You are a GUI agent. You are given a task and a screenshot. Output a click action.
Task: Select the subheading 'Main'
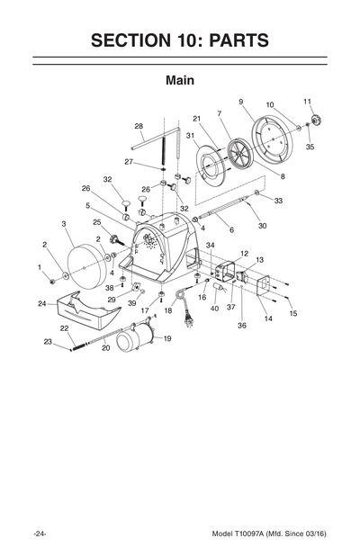pyautogui.click(x=180, y=80)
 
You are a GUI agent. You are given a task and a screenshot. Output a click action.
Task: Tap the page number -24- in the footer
pyautogui.click(x=40, y=534)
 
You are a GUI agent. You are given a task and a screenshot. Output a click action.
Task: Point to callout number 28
pyautogui.click(x=139, y=126)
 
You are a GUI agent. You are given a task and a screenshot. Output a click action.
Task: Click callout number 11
pyautogui.click(x=307, y=102)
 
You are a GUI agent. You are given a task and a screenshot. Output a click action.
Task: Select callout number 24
pyautogui.click(x=42, y=303)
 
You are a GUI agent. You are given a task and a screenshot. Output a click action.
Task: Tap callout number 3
pyautogui.click(x=64, y=223)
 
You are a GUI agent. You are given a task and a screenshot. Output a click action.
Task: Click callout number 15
pyautogui.click(x=292, y=313)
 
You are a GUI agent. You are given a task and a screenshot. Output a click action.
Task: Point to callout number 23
pyautogui.click(x=48, y=341)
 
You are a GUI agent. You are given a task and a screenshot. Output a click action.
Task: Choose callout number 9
pyautogui.click(x=241, y=102)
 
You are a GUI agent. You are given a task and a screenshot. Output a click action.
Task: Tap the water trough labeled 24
pyautogui.click(x=85, y=315)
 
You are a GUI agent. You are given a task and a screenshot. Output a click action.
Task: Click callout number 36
pyautogui.click(x=242, y=326)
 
